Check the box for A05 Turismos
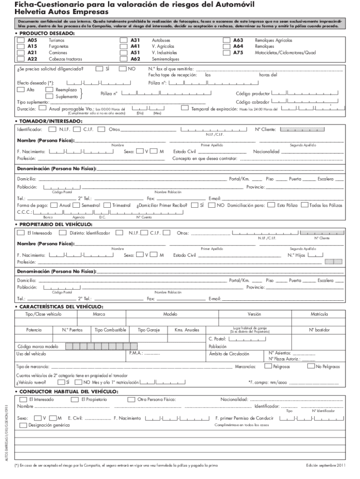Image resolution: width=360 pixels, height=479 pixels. click(x=21, y=41)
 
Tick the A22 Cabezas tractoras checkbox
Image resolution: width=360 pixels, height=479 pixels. click(x=21, y=59)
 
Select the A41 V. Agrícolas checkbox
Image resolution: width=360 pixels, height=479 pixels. click(x=124, y=47)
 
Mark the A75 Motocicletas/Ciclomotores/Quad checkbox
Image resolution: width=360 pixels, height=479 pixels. click(x=227, y=53)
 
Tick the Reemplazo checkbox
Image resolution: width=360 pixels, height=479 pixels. click(x=49, y=89)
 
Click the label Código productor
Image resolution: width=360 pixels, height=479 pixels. click(x=252, y=94)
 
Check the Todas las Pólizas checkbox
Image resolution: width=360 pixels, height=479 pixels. click(x=304, y=205)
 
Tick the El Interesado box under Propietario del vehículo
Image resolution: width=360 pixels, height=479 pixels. click(x=21, y=232)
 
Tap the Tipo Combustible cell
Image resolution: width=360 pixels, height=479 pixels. click(x=110, y=330)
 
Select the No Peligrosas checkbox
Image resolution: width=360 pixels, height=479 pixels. click(x=311, y=366)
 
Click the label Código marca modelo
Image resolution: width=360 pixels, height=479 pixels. click(x=38, y=347)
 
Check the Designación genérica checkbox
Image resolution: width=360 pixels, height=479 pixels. click(x=23, y=425)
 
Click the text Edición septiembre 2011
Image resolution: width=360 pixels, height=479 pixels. click(x=326, y=466)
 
